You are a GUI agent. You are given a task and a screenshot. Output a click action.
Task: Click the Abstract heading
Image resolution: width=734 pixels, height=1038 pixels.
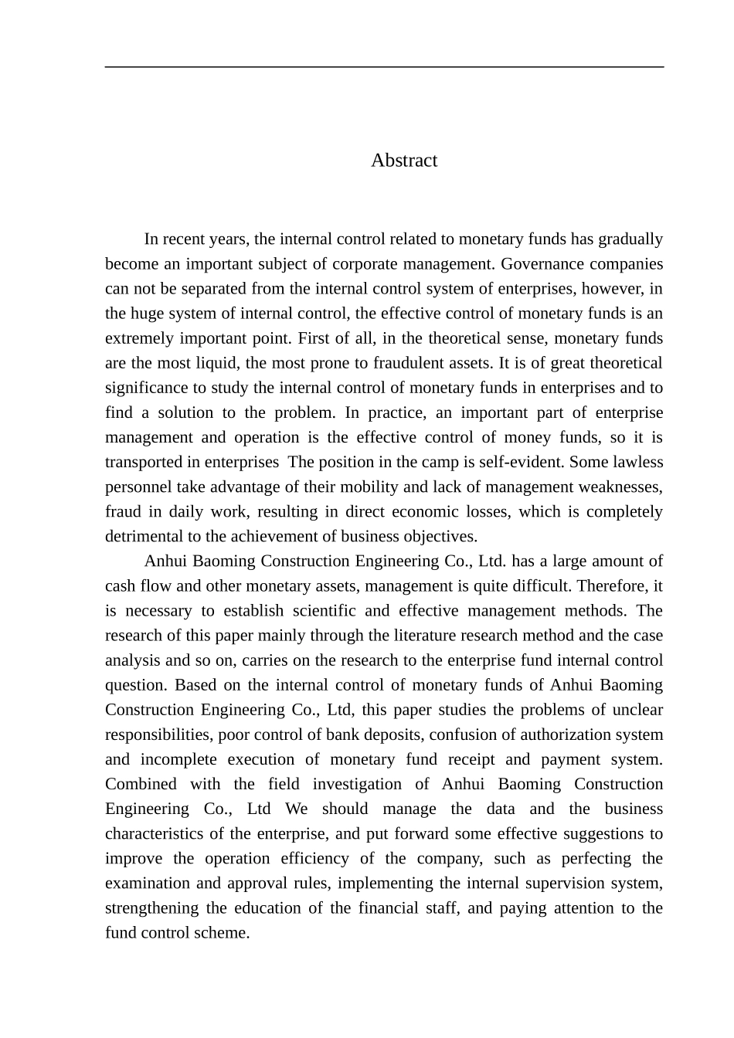pyautogui.click(x=403, y=160)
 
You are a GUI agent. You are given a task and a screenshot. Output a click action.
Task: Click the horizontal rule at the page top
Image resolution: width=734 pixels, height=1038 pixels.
pyautogui.click(x=384, y=67)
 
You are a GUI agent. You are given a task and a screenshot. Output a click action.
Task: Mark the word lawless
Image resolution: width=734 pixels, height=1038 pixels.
pyautogui.click(x=639, y=462)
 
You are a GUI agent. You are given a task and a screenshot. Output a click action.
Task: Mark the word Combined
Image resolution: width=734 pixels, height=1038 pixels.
pyautogui.click(x=141, y=784)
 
